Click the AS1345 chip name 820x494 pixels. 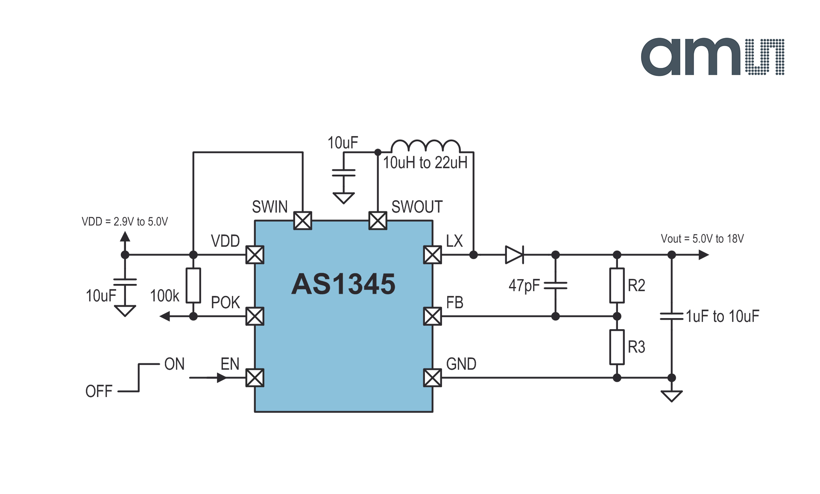343,284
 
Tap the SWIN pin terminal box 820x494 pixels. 303,221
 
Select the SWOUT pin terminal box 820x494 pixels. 378,221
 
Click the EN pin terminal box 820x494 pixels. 255,378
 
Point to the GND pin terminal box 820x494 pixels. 433,378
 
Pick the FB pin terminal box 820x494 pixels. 433,316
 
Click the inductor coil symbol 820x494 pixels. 426,146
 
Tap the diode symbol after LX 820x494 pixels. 515,255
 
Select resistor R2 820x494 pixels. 617,286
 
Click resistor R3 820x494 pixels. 617,347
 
